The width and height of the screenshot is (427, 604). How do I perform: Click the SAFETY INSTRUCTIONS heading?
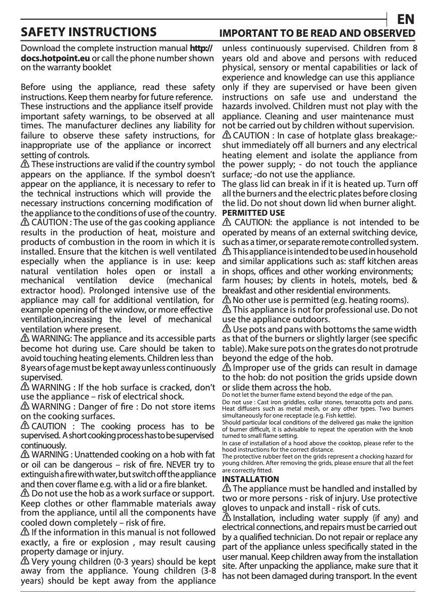click(88, 32)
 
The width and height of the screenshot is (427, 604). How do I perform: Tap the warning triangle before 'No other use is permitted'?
click(226, 300)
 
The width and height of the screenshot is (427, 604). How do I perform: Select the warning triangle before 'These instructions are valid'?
click(25, 164)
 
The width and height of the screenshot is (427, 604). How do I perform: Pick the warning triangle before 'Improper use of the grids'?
click(226, 368)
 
